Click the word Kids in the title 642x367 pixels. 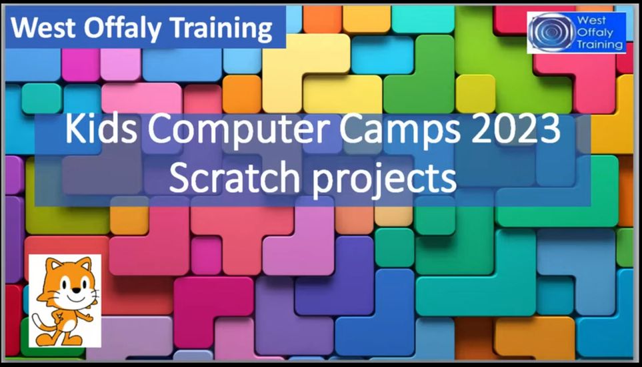click(x=93, y=130)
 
